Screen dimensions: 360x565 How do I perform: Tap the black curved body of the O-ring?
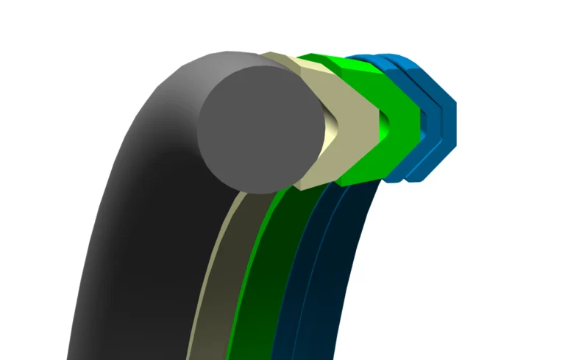[140, 221]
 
